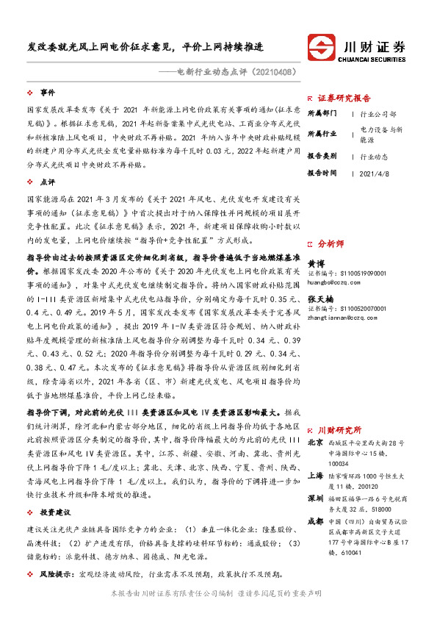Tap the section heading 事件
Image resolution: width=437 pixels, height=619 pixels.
48,93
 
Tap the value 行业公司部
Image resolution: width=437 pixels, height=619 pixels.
379,114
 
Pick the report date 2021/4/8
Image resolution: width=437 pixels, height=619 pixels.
375,173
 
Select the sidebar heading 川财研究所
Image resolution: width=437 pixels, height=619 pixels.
339,429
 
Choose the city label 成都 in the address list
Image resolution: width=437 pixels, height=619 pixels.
315,542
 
